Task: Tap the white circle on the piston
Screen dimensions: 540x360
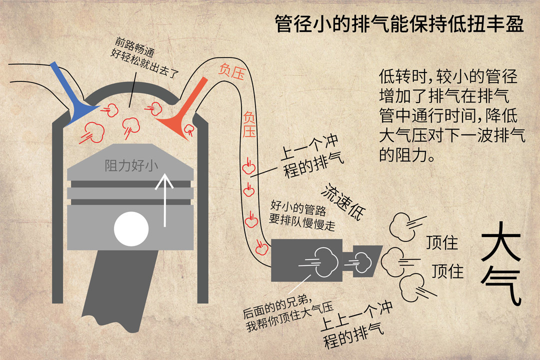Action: (131, 228)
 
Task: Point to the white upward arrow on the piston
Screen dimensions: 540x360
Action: (164, 200)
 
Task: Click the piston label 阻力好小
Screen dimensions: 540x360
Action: (131, 165)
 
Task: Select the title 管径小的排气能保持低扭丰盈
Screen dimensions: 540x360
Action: (399, 24)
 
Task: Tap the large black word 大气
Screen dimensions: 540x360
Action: (501, 263)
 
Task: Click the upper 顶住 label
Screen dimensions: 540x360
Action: (442, 242)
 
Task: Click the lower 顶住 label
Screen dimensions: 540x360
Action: (447, 271)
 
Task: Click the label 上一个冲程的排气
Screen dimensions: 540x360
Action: (311, 156)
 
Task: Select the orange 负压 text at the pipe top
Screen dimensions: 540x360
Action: (232, 71)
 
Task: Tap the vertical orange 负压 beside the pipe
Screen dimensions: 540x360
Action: (249, 124)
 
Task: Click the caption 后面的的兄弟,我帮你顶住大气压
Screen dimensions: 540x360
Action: (287, 313)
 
